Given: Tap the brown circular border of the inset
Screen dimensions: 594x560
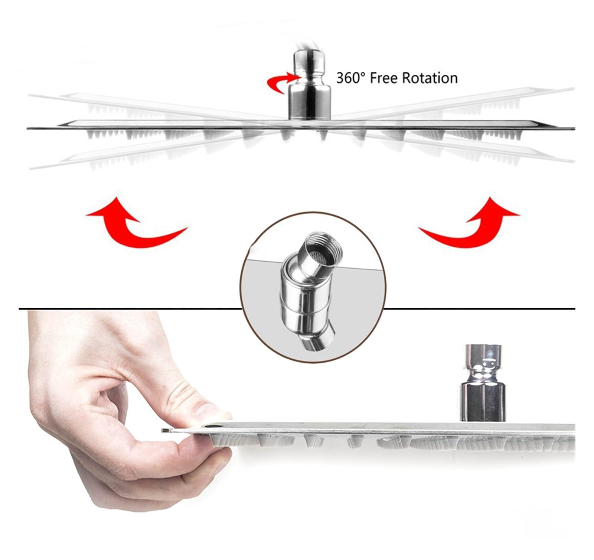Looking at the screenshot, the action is (314, 213).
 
